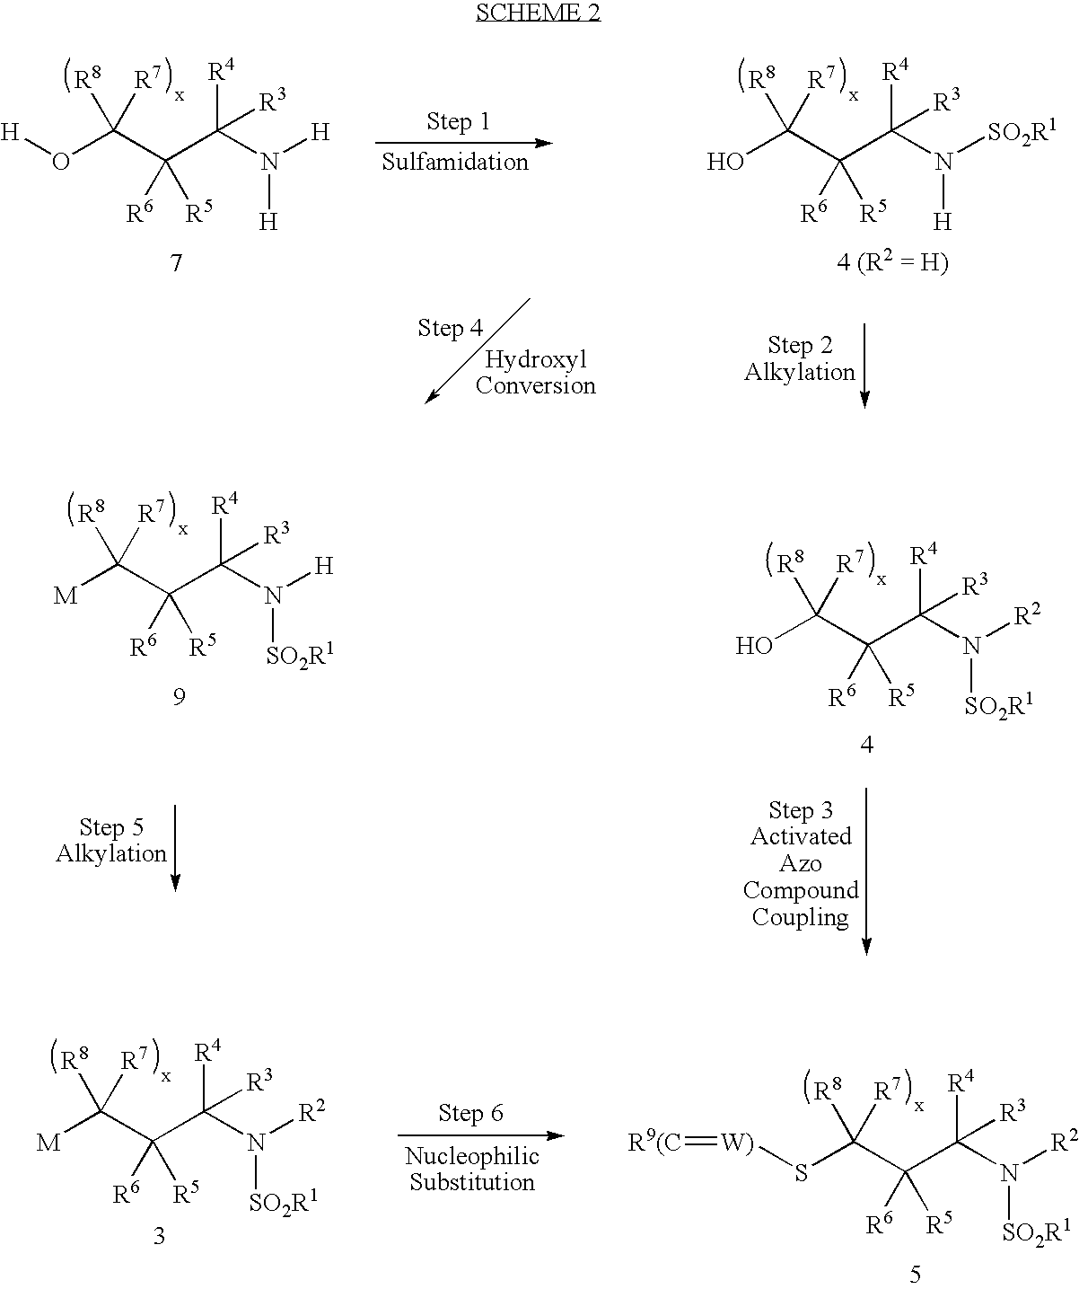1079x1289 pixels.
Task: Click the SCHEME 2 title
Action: [538, 12]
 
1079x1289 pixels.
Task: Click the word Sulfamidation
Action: [455, 162]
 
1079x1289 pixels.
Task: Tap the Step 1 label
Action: [459, 121]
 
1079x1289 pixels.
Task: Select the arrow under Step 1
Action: [464, 143]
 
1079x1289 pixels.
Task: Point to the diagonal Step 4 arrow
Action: [477, 351]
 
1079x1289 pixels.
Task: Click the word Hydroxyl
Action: [536, 359]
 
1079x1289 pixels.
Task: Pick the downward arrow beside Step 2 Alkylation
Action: [864, 366]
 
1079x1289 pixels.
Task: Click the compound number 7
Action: [177, 263]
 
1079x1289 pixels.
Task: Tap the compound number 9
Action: [179, 697]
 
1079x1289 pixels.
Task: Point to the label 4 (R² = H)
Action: [892, 262]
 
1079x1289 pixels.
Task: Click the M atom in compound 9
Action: [66, 596]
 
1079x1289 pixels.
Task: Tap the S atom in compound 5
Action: [801, 1173]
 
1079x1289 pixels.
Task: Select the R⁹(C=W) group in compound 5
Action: [691, 1143]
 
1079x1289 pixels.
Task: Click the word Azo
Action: [801, 863]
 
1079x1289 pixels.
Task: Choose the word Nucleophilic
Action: [472, 1156]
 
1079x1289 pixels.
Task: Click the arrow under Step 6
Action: [481, 1135]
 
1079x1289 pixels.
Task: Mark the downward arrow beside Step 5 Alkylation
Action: [175, 848]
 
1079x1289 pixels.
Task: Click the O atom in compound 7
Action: [61, 162]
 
